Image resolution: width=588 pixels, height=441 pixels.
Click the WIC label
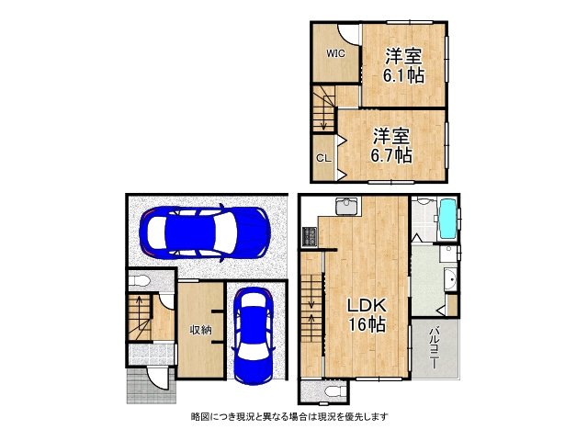coord(335,53)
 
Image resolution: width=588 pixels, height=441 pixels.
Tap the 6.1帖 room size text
coord(403,75)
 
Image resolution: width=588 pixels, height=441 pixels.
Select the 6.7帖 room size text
coord(391,155)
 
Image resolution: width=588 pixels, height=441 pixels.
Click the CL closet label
coord(323,158)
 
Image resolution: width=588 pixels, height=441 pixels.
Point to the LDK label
coord(367,306)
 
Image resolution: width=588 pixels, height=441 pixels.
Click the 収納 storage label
coord(200,330)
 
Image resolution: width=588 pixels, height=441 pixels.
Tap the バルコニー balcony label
coord(435,347)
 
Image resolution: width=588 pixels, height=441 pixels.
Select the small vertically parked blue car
coord(254,335)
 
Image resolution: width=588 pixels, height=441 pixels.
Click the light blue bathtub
coord(447,219)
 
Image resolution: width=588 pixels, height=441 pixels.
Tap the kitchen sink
coord(347,207)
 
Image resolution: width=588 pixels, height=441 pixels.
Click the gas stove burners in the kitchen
coord(310,237)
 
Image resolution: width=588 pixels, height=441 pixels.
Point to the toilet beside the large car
coord(139,280)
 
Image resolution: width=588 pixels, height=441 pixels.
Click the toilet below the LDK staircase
coord(334,391)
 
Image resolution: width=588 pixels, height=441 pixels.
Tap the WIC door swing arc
coord(348,34)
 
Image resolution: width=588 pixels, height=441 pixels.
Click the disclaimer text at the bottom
coord(289,416)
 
